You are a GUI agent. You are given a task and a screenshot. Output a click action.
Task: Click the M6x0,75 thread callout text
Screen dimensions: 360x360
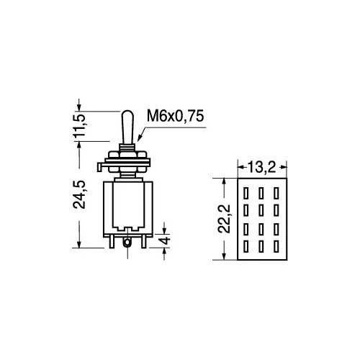176,116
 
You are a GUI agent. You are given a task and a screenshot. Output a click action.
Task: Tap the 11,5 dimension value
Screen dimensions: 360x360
80,125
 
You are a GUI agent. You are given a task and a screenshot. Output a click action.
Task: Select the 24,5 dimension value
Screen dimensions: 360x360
79,194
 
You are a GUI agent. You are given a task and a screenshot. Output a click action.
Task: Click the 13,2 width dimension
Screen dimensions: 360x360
261,167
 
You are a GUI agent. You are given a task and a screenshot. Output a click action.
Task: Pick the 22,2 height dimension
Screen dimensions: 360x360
224,219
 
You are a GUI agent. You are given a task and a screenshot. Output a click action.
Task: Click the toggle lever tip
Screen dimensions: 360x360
127,112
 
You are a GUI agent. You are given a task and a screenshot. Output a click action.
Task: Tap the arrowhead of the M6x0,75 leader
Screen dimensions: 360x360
139,138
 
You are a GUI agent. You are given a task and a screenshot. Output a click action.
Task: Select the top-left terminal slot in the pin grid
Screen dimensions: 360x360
246,193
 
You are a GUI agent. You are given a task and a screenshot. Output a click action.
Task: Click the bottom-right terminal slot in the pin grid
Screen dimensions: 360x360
276,246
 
